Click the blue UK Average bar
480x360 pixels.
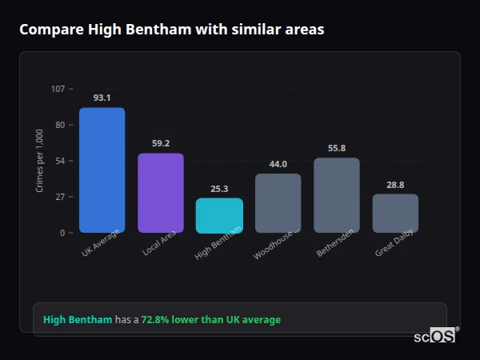click(x=102, y=170)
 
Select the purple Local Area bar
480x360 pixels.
click(x=161, y=193)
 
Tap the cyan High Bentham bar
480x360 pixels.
click(x=219, y=216)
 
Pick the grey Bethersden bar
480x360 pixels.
click(x=337, y=195)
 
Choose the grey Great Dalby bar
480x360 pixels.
click(x=395, y=214)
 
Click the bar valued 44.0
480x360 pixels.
click(x=278, y=203)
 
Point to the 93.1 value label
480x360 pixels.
click(x=102, y=98)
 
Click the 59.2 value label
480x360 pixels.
click(x=161, y=143)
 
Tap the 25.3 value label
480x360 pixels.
click(x=219, y=189)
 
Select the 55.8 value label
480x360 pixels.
click(x=337, y=148)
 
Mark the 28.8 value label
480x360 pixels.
click(x=395, y=184)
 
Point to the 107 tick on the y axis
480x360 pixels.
click(x=58, y=88)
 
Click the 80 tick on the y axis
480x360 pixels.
click(x=60, y=125)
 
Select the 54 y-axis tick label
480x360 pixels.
click(x=60, y=161)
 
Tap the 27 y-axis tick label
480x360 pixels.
click(x=60, y=197)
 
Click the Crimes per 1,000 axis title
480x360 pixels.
click(x=40, y=161)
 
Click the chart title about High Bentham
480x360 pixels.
click(x=171, y=30)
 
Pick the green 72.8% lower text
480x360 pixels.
click(x=210, y=320)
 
